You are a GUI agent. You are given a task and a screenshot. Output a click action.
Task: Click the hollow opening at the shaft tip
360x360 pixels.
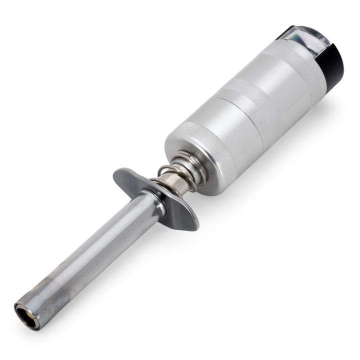click(x=25, y=315)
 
